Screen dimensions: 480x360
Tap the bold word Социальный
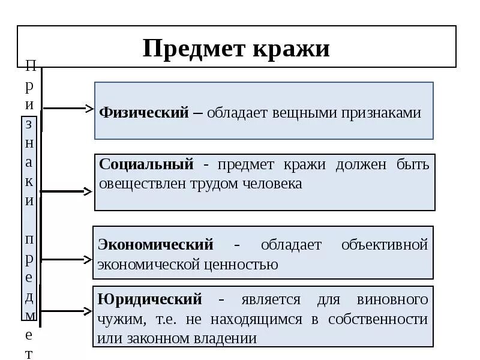point(146,164)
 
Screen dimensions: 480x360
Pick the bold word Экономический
point(156,245)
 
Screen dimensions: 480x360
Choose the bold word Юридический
point(149,299)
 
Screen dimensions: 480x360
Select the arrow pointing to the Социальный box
point(66,191)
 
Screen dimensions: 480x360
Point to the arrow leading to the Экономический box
point(66,260)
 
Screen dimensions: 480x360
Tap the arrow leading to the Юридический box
point(66,311)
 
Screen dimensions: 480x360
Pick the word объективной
point(385,245)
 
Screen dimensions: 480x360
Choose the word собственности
point(378,319)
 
